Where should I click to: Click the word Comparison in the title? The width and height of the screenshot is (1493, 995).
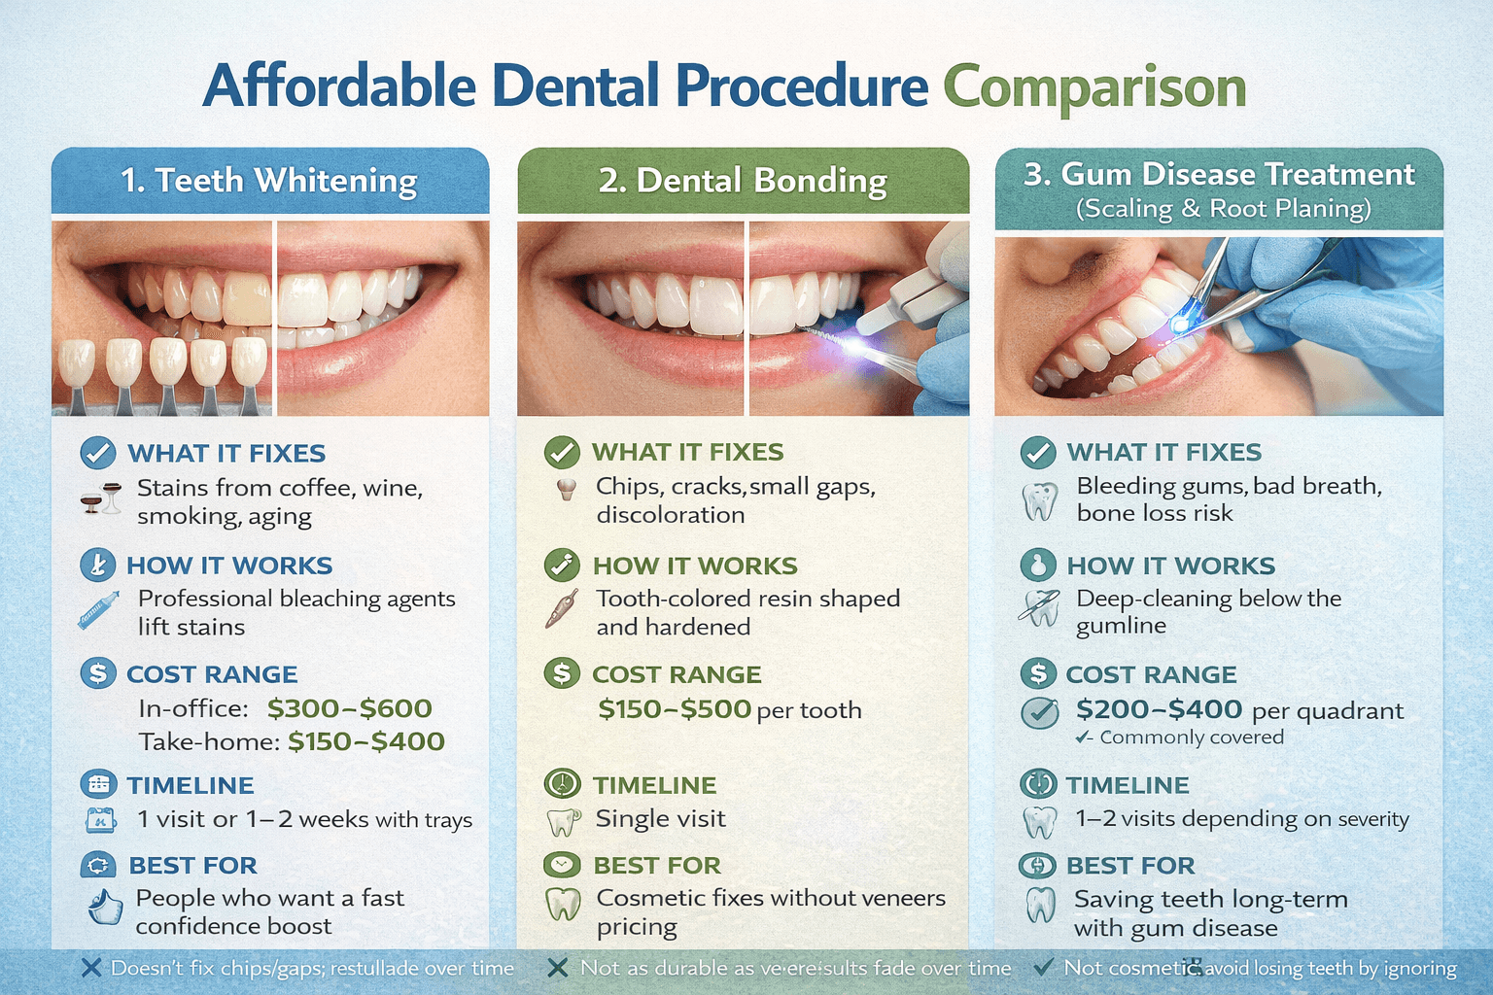coord(1094,87)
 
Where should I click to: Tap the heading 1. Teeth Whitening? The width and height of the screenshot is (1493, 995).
coord(269,181)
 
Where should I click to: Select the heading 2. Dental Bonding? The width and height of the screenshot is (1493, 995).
coord(743,181)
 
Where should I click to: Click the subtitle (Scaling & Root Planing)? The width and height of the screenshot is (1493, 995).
coord(1223,209)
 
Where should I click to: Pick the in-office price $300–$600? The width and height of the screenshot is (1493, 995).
coord(349,708)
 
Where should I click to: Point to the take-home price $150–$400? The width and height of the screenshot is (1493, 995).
coord(365,741)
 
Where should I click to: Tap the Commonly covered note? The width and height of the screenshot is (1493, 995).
coord(1191,738)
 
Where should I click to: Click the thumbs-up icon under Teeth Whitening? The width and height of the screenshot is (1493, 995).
coord(104,908)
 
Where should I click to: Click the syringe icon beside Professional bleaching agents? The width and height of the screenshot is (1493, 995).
coord(98,610)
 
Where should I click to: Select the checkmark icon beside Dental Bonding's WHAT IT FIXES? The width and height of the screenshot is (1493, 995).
coord(561,452)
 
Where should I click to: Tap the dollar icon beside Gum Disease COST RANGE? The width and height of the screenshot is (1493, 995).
coord(1038,672)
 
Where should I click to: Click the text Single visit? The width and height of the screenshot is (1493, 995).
coord(660,819)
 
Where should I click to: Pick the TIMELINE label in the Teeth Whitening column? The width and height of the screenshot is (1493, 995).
coord(191,785)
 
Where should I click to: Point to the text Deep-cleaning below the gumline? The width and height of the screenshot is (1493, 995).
coord(1208,611)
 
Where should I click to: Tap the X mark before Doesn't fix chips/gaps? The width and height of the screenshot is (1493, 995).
coord(90,968)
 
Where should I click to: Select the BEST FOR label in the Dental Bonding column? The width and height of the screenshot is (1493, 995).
coord(657,865)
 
